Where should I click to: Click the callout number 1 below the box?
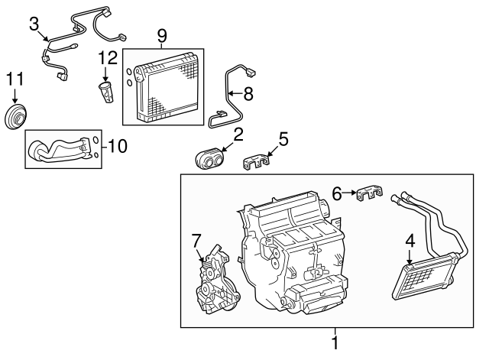pyautogui.click(x=334, y=343)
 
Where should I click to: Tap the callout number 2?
pyautogui.click(x=238, y=135)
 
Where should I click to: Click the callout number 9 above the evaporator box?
pyautogui.click(x=161, y=35)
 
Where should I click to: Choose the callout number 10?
pyautogui.click(x=116, y=145)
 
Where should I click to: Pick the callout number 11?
pyautogui.click(x=15, y=78)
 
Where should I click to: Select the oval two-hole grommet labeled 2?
pyautogui.click(x=209, y=159)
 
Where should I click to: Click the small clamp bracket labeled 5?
pyautogui.click(x=260, y=162)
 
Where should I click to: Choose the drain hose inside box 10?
pyautogui.click(x=57, y=148)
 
